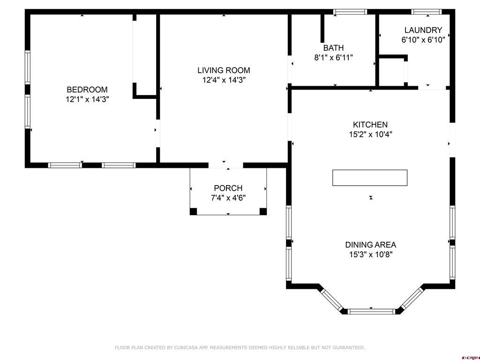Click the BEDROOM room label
(x=87, y=90)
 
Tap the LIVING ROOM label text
(x=224, y=70)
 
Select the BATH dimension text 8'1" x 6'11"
(x=334, y=58)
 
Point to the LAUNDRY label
(x=423, y=30)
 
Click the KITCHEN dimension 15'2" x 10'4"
(x=371, y=135)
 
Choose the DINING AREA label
(x=371, y=245)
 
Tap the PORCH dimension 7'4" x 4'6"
(x=228, y=198)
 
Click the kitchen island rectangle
(x=370, y=178)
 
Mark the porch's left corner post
(x=193, y=211)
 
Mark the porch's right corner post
(x=263, y=211)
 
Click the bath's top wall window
(x=350, y=12)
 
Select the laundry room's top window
(x=427, y=12)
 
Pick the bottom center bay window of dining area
(x=371, y=312)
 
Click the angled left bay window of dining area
(x=331, y=299)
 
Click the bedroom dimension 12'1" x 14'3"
(x=87, y=99)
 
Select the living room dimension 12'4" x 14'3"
(x=224, y=80)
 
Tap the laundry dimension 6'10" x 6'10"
(x=423, y=40)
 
